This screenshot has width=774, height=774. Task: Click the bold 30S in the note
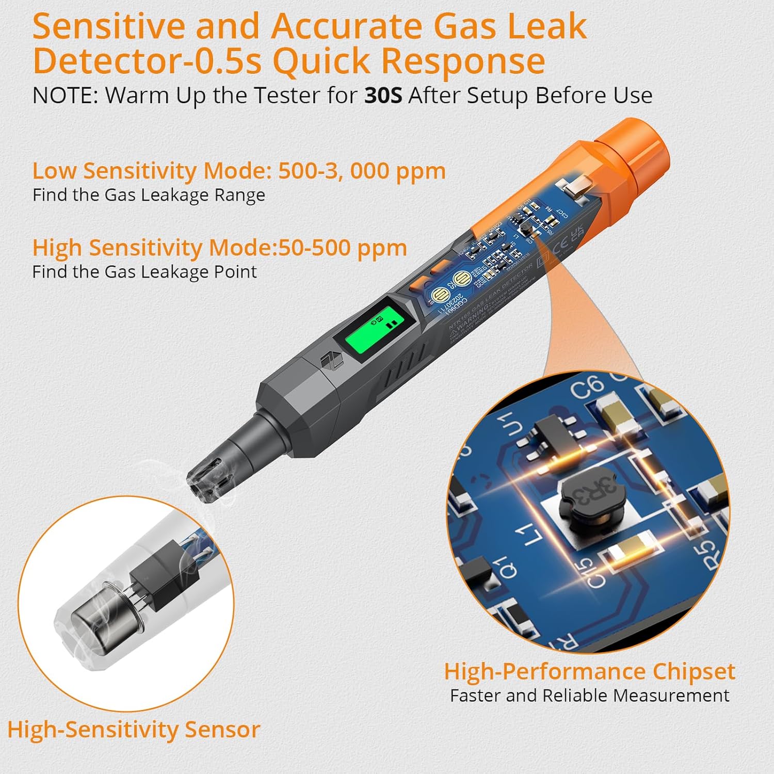tap(383, 95)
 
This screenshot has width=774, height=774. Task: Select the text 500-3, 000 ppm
tap(362, 171)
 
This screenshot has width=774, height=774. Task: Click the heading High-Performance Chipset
tap(589, 671)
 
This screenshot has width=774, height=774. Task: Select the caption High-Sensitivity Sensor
tap(134, 730)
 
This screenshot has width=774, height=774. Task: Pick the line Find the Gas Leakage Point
tap(144, 272)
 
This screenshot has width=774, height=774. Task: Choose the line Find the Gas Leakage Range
tap(149, 195)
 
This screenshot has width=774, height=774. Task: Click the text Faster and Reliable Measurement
tap(589, 696)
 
